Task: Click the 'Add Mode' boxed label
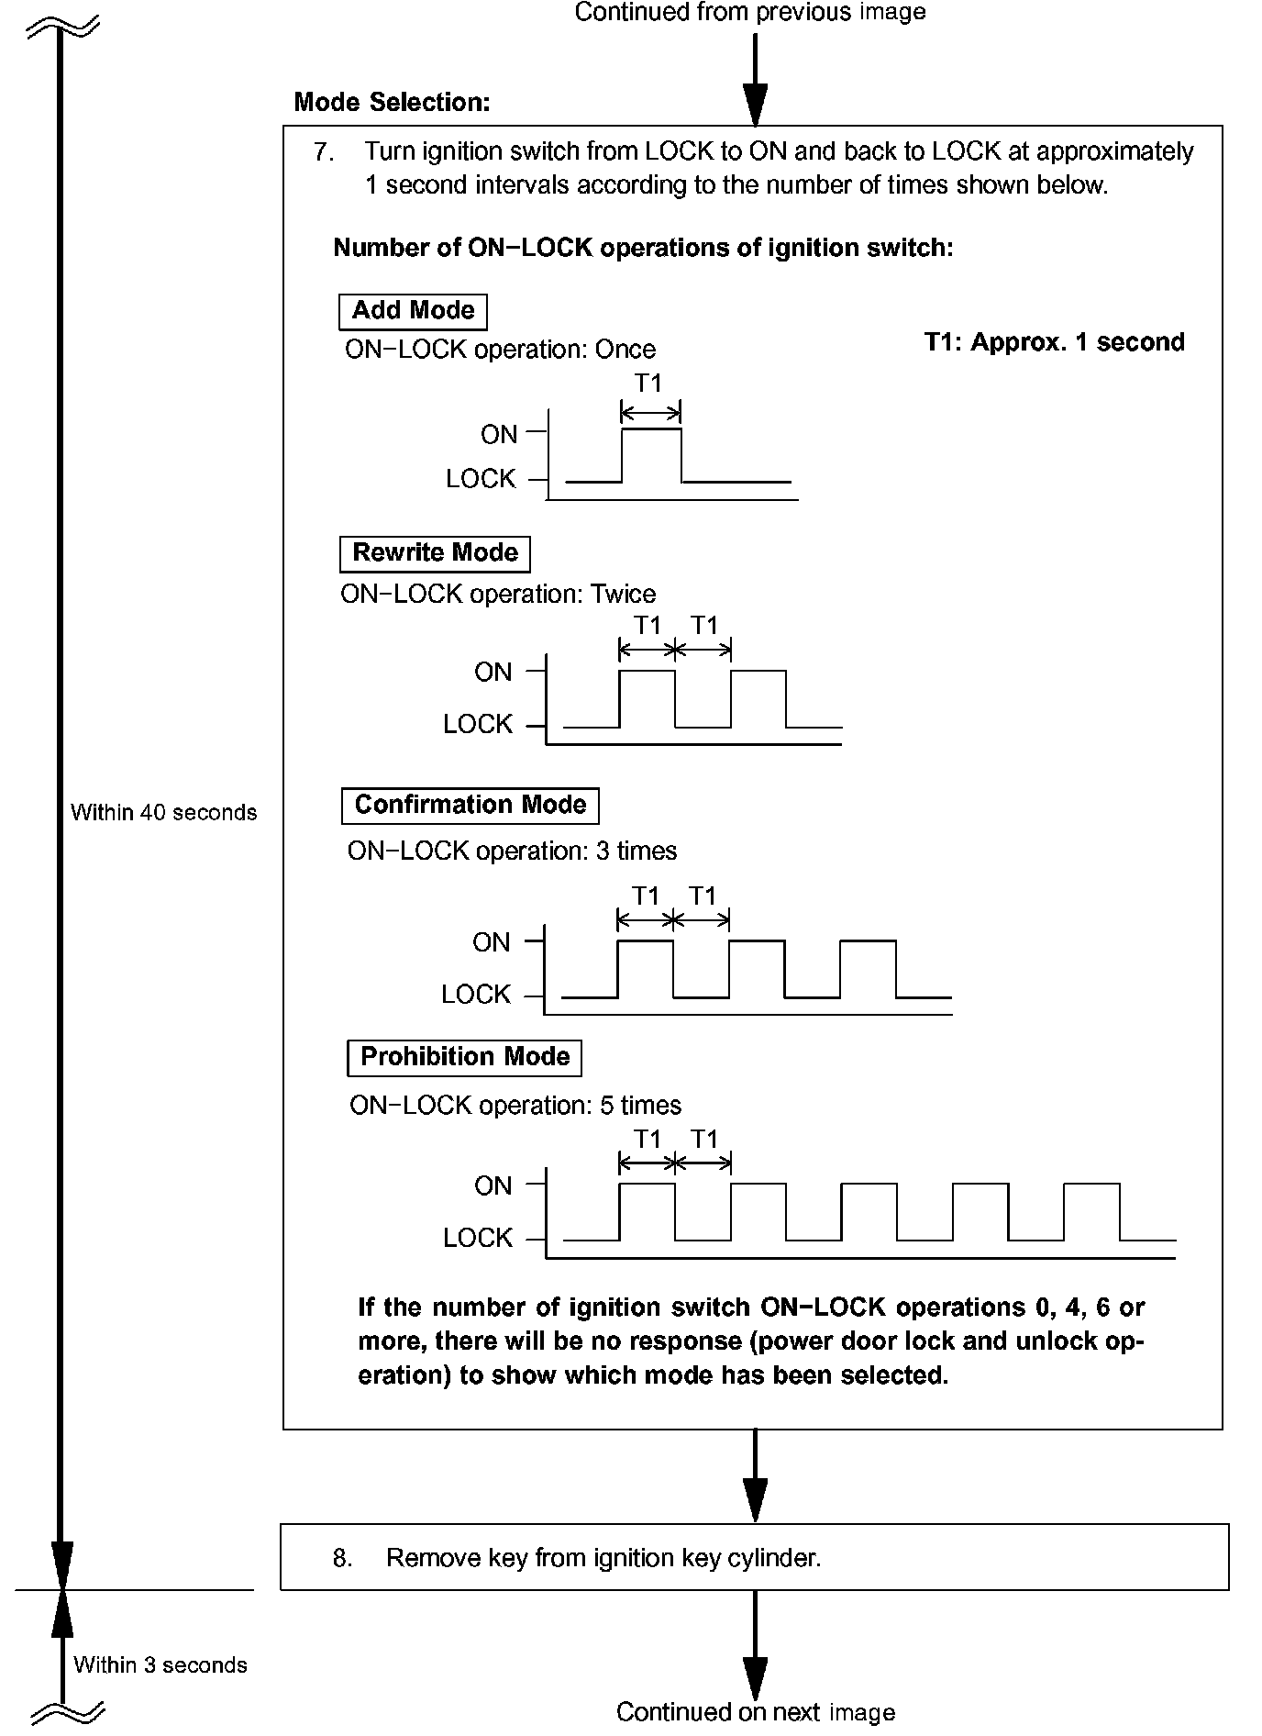[413, 311]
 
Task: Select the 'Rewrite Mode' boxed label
[435, 553]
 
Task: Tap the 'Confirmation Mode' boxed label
[470, 805]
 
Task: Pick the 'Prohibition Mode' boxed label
[465, 1057]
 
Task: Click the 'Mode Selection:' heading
[392, 102]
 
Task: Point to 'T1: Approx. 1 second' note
[1054, 342]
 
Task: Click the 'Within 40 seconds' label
[163, 812]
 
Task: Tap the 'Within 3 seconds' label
[161, 1664]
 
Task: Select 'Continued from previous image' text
[749, 12]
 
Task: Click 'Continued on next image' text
[755, 1711]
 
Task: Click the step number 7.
[323, 151]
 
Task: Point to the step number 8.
[341, 1558]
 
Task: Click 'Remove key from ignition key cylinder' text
[603, 1558]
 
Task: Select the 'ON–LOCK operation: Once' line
[500, 350]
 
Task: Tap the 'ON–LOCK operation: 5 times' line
[515, 1105]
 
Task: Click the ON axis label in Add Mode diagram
[499, 434]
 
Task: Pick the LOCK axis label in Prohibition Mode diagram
[477, 1238]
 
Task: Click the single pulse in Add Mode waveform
[651, 453]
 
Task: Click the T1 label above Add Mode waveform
[648, 383]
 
